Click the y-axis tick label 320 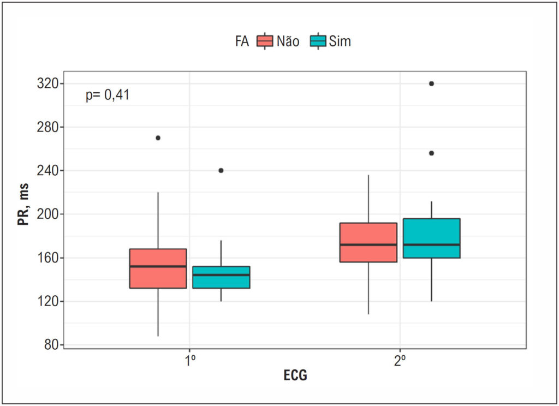[47, 84]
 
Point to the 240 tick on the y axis [47, 171]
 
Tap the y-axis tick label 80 [51, 345]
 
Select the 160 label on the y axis [47, 258]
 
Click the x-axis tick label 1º [190, 361]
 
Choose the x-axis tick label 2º [400, 361]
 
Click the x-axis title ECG [295, 375]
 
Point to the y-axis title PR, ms [23, 205]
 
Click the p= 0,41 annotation [108, 95]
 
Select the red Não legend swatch [265, 41]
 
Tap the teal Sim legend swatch [318, 41]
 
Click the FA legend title [242, 41]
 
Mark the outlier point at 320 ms [431, 84]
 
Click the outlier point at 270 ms [158, 138]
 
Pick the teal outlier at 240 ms [221, 170]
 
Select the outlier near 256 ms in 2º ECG [431, 153]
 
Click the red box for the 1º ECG [158, 268]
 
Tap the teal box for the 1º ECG [221, 277]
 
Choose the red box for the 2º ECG [368, 242]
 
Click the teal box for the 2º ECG [431, 238]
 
